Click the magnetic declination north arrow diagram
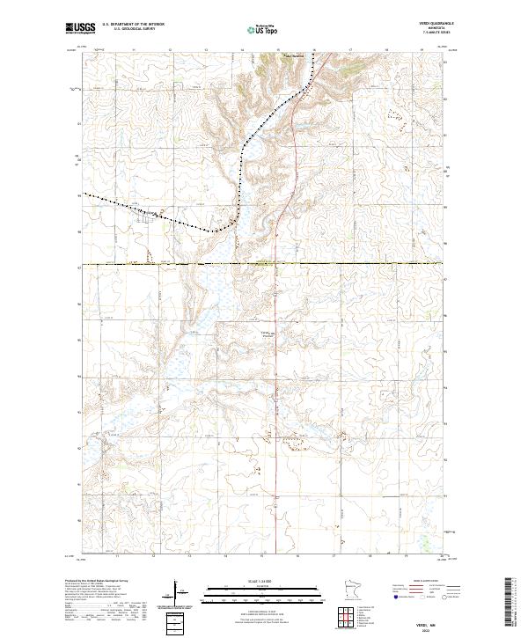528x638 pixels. coord(177,595)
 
